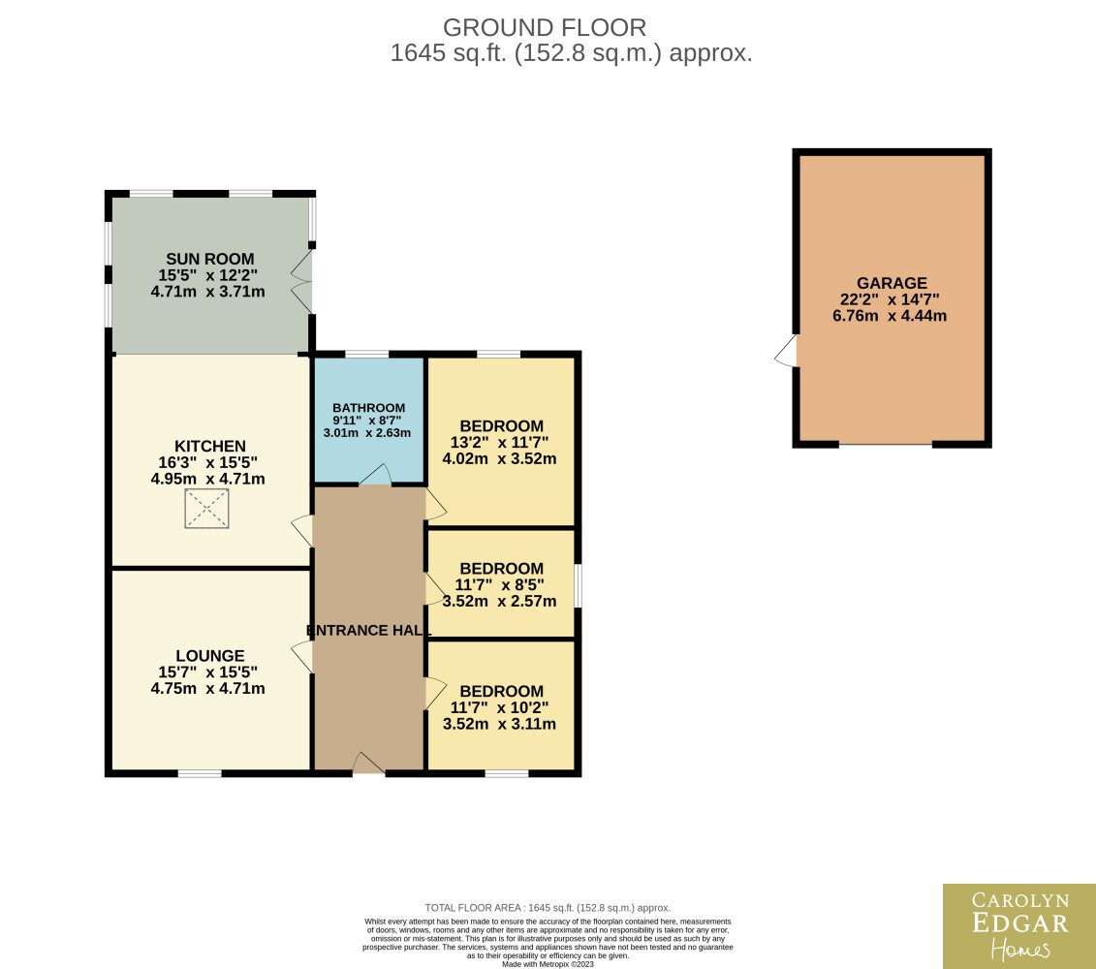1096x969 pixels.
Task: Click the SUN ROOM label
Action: [x=209, y=259]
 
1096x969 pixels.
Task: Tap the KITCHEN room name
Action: [x=209, y=446]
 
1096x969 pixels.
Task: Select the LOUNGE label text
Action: [x=209, y=656]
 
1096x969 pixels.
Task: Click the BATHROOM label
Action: [x=368, y=408]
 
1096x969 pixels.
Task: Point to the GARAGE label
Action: [x=892, y=283]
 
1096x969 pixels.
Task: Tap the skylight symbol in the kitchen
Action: [x=207, y=509]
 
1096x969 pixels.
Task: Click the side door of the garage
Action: [x=786, y=351]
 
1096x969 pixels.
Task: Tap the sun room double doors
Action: [x=302, y=281]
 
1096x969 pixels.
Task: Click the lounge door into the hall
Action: [x=302, y=658]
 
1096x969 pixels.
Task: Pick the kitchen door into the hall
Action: [x=302, y=531]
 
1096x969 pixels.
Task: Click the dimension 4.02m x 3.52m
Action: [x=499, y=459]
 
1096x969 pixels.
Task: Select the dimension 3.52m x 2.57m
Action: [x=499, y=601]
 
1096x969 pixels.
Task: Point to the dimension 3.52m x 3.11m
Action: [x=499, y=724]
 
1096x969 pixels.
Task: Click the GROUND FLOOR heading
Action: [x=545, y=28]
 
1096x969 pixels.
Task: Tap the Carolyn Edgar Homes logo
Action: [x=1019, y=926]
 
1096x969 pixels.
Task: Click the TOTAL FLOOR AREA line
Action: [x=548, y=908]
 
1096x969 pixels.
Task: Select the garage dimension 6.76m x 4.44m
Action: [x=889, y=316]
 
